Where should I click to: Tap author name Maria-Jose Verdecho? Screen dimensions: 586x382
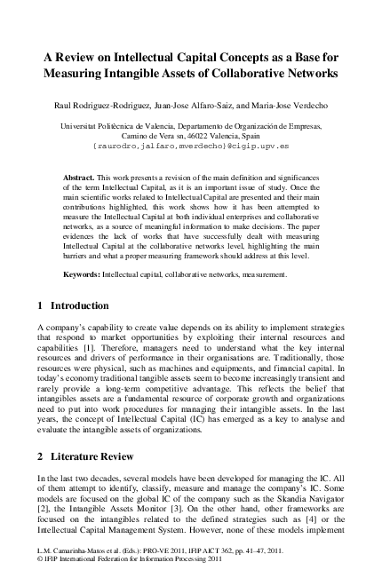(x=287, y=106)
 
